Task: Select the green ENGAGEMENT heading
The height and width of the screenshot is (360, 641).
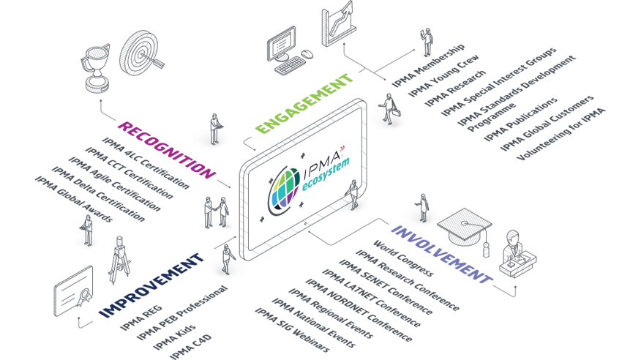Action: [304, 102]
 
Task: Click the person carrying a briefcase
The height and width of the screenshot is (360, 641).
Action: [386, 111]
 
